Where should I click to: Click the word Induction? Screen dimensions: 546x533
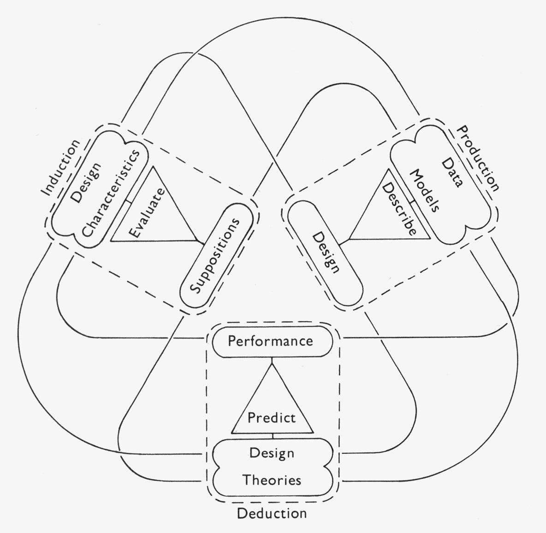61,168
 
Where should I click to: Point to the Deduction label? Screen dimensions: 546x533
272,514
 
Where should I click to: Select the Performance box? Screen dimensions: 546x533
272,342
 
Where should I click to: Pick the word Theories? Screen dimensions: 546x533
272,480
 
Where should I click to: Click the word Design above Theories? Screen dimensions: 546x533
272,453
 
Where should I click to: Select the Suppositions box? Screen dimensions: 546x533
216,255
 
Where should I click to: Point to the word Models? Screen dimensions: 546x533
424,191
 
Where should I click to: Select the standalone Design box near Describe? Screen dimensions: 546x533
325,254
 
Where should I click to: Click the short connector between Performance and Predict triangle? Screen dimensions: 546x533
272,360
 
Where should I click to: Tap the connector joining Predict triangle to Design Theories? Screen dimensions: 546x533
273,436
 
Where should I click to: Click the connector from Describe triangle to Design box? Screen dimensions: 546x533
344,241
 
